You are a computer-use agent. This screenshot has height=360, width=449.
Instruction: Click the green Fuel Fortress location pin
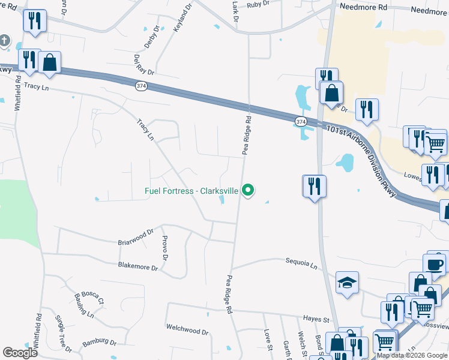(x=248, y=191)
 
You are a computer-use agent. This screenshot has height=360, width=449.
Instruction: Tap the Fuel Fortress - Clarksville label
(x=192, y=191)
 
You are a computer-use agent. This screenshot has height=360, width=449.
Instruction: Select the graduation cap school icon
(x=347, y=283)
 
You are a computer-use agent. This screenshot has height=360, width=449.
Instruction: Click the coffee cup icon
(x=436, y=264)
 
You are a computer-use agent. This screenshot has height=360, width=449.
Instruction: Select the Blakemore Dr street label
(x=137, y=266)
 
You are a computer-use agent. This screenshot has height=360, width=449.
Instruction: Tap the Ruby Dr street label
(x=258, y=4)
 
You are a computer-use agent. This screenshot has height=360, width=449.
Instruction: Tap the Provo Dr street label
(x=164, y=248)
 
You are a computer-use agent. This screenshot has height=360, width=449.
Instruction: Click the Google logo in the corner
(x=20, y=352)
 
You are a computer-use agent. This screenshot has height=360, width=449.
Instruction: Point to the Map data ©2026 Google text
(x=412, y=356)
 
